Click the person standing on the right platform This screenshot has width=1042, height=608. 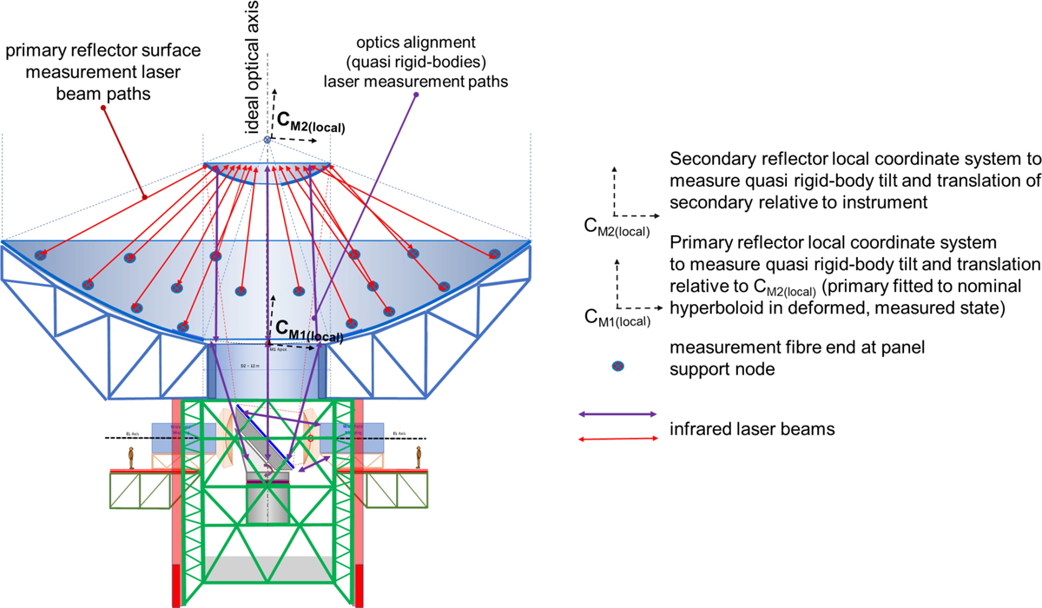coord(419,458)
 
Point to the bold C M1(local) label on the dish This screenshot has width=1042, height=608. coord(309,331)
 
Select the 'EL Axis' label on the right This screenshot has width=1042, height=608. coord(400,432)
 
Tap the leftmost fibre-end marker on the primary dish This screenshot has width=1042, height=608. coord(40,254)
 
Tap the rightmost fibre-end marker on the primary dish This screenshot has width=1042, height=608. coord(495,254)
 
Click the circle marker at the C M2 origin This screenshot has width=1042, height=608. coord(267,140)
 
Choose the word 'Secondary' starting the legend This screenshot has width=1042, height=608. coord(705,160)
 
